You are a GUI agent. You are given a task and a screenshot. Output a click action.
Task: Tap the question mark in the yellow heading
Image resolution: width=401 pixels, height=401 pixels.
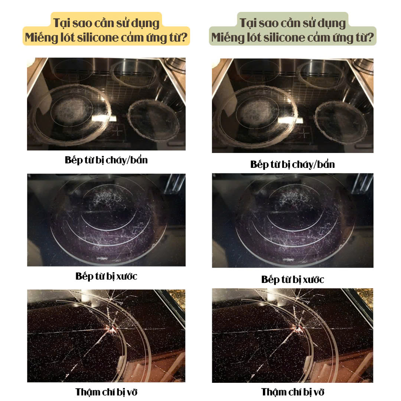click(x=185, y=38)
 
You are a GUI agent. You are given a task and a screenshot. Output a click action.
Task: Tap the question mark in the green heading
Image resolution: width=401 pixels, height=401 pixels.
click(x=371, y=38)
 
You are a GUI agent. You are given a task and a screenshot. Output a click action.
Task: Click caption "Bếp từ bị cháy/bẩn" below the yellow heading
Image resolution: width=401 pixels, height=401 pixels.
click(x=106, y=160)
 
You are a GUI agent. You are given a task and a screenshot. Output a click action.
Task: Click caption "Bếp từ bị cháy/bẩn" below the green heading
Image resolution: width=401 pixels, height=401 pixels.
click(x=293, y=164)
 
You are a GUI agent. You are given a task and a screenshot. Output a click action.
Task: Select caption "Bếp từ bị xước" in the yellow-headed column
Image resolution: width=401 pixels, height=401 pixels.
click(x=106, y=276)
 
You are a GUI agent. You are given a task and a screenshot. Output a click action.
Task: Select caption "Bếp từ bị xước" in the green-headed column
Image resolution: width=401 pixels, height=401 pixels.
click(x=293, y=280)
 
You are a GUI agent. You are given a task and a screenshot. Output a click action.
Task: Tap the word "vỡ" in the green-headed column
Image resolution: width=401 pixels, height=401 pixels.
click(x=319, y=392)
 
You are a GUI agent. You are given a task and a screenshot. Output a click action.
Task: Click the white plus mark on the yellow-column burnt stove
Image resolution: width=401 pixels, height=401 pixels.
click(x=118, y=131)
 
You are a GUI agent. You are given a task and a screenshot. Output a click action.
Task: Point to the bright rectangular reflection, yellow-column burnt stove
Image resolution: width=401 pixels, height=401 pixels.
click(x=104, y=119)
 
